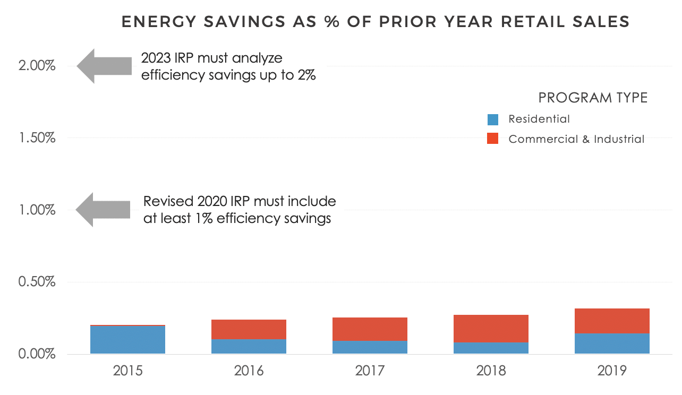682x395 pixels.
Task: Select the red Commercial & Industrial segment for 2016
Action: [x=249, y=329]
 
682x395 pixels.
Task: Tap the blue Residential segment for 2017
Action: [x=370, y=347]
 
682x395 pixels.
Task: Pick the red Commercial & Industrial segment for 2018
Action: [x=491, y=329]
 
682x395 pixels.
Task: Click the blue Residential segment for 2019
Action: [x=612, y=343]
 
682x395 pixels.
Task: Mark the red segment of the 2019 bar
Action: [x=612, y=321]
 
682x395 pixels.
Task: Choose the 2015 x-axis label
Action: [x=127, y=370]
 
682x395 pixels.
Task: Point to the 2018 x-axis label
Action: [x=491, y=370]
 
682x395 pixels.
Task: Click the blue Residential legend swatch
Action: [x=492, y=119]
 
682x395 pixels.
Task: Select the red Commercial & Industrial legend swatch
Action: [x=492, y=139]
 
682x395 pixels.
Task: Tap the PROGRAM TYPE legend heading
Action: [x=593, y=98]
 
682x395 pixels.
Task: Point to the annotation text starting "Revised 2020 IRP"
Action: [x=239, y=210]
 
